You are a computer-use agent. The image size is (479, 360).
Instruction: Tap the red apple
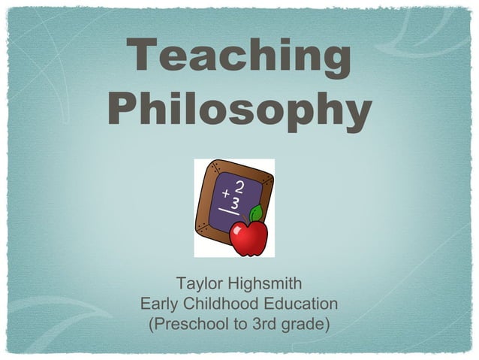249,237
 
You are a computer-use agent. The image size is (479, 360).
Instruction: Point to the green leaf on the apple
256,213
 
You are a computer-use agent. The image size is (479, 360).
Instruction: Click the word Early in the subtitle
158,304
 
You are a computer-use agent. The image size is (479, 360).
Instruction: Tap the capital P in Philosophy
122,110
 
